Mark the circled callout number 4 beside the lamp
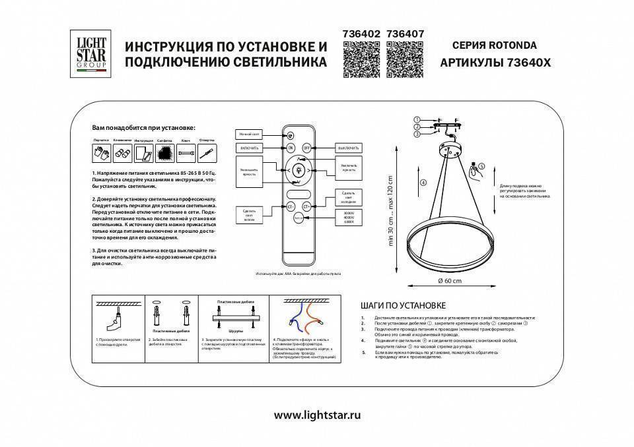(423, 182)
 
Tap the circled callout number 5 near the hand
(481, 167)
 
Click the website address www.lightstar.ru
(318, 415)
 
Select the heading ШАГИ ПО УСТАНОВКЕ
(403, 306)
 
